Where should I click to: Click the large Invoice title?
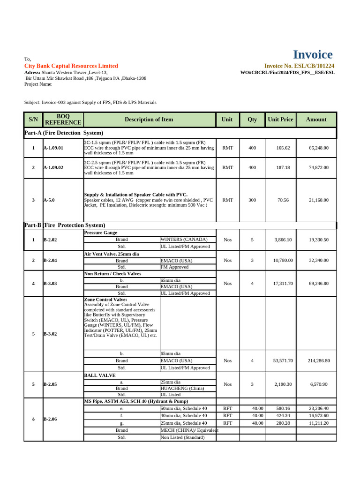click(313, 55)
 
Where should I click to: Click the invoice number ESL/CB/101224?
click(299, 66)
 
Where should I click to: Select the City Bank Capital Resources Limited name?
click(71, 66)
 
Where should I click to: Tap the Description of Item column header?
click(149, 120)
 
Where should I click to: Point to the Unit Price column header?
click(280, 120)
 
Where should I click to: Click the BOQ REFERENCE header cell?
click(62, 120)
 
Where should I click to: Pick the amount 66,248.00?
click(319, 148)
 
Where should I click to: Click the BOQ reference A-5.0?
click(49, 200)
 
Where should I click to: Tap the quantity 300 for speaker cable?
click(252, 200)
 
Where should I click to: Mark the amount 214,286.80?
click(319, 361)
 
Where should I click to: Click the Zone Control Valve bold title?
click(105, 300)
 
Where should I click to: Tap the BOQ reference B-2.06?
click(50, 419)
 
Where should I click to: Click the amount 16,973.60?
click(319, 416)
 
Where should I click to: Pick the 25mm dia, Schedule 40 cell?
click(183, 423)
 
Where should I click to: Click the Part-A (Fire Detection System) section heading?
click(63, 133)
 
